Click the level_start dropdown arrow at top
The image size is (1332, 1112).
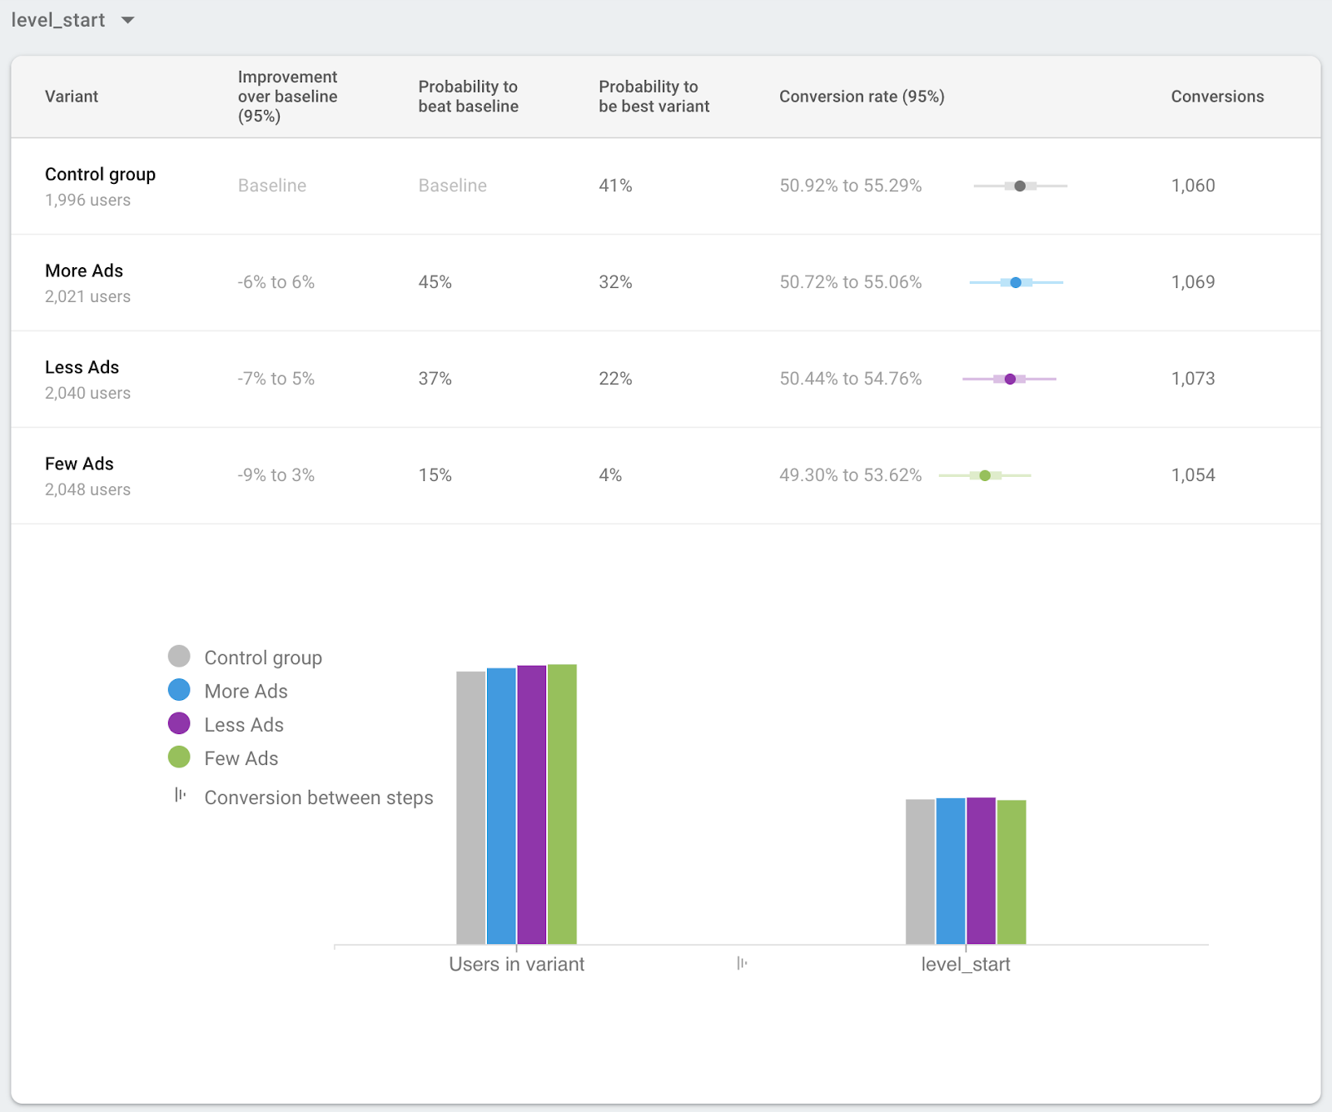pos(127,20)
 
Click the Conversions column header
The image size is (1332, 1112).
pos(1217,97)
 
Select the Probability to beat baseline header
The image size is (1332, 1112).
pos(468,97)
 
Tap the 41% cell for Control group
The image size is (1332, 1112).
pos(615,186)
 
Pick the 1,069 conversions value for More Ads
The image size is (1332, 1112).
pos(1193,282)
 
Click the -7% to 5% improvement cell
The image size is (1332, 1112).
pos(276,379)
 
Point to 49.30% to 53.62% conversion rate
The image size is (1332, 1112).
pos(850,475)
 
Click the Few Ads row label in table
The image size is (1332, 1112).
pos(79,464)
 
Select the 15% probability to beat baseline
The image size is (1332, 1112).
pos(435,475)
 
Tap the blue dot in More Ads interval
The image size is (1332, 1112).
pos(1016,283)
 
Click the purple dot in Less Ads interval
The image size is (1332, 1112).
pos(1010,380)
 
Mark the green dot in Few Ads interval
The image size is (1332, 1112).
pos(985,476)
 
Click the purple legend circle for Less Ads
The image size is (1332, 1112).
pos(179,723)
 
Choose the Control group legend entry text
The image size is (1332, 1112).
pos(263,658)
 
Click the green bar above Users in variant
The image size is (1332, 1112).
pos(562,803)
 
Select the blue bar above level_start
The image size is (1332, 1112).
pos(951,871)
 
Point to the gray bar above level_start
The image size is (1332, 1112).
pos(920,871)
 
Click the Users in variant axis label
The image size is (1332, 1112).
pos(516,964)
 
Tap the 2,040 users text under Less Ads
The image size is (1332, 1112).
pos(87,393)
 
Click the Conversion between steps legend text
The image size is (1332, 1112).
pos(319,797)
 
